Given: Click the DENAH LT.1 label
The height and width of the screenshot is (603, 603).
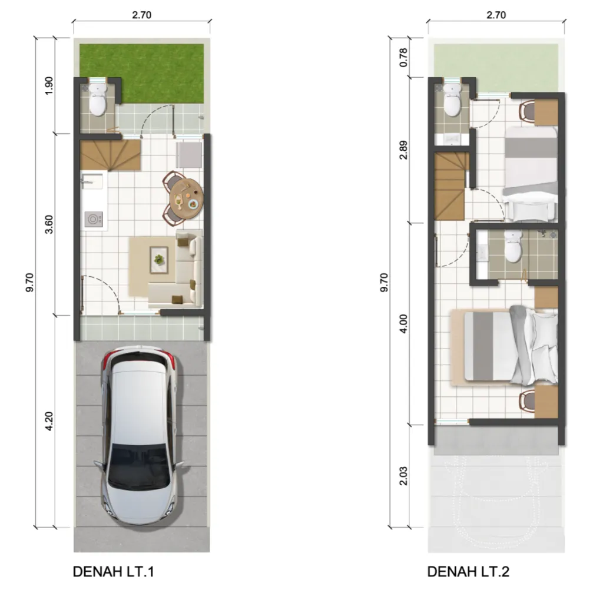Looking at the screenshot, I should (x=113, y=572).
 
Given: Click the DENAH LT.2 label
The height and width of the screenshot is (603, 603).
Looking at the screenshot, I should (x=468, y=572).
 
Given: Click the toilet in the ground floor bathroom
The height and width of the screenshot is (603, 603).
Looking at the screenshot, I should (x=97, y=101).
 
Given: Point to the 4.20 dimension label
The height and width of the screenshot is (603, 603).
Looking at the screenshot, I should (x=49, y=420).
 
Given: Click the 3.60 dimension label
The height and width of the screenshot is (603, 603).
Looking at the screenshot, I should (x=49, y=224).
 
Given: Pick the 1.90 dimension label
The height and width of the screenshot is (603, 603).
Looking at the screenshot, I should (x=49, y=86).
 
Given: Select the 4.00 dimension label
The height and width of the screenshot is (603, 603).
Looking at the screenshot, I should (x=404, y=323).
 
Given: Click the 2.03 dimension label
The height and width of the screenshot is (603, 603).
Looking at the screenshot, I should (x=404, y=476).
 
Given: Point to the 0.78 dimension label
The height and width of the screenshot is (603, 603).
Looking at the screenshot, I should (x=404, y=57).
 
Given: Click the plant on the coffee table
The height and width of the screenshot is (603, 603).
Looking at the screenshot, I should (x=158, y=258).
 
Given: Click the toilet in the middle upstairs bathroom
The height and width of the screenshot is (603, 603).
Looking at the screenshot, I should (x=513, y=247).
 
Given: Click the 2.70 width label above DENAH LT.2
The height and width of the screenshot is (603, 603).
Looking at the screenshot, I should (x=496, y=16).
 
